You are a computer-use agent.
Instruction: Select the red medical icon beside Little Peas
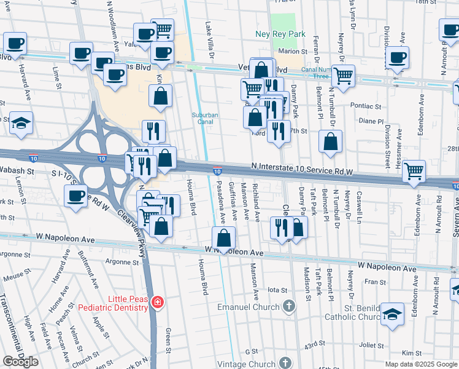(x=158, y=302)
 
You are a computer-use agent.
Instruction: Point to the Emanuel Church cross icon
(x=288, y=306)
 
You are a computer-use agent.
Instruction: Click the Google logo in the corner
(x=20, y=362)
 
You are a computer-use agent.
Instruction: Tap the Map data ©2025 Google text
(x=421, y=364)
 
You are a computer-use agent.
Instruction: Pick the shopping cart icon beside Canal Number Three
(x=343, y=76)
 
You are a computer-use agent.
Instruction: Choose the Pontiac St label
(x=366, y=106)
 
